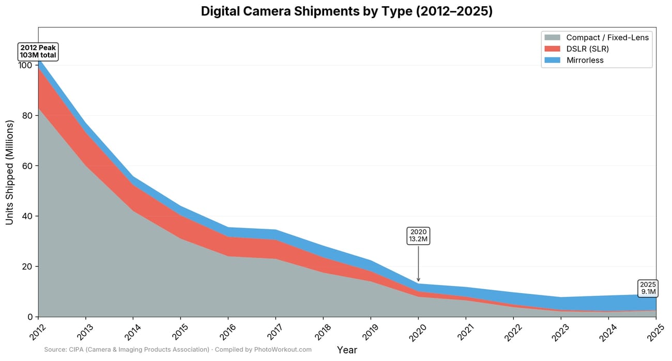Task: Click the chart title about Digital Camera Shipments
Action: click(x=347, y=11)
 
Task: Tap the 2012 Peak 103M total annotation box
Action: click(x=38, y=52)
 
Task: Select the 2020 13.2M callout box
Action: click(x=418, y=235)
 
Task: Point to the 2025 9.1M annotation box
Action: click(x=648, y=288)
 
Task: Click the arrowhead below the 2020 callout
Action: click(x=418, y=279)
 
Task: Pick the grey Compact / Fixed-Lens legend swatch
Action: click(x=552, y=37)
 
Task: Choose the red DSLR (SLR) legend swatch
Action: click(x=552, y=49)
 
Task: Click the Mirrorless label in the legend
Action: click(x=585, y=60)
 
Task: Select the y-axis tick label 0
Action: click(x=29, y=317)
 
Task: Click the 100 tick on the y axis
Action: click(x=25, y=66)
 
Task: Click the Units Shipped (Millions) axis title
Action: click(x=9, y=172)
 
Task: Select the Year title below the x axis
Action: click(x=347, y=350)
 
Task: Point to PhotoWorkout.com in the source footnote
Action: click(x=283, y=350)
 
